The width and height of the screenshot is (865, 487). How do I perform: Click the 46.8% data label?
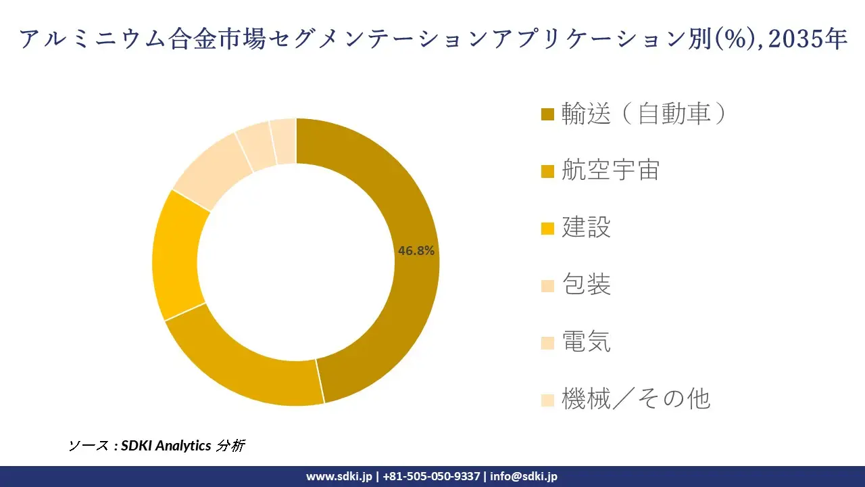point(416,251)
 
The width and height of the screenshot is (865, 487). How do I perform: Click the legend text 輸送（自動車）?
point(644,114)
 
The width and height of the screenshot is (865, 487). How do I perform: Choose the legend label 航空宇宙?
point(610,170)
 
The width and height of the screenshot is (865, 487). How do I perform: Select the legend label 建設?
point(586,227)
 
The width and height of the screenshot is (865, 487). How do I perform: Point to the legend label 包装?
point(586,285)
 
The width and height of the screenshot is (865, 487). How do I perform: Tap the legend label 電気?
point(586,342)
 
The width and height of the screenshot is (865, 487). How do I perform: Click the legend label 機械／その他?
point(636,399)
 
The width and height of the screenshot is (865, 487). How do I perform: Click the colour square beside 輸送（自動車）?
point(548,114)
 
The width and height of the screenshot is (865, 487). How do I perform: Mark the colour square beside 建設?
point(548,228)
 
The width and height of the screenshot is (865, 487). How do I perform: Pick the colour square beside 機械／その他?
point(548,400)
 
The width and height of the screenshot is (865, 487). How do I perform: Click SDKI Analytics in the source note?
point(166,446)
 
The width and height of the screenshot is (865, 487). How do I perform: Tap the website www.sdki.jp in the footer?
point(339,476)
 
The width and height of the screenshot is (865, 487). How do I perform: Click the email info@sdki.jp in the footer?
point(524,476)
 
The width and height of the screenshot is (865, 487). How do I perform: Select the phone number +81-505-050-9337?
point(431,476)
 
